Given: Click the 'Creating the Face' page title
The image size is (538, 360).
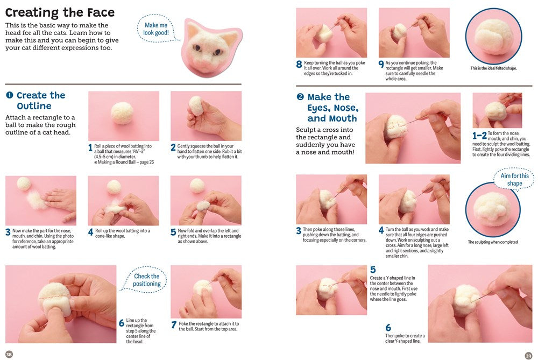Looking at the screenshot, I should click(60, 12).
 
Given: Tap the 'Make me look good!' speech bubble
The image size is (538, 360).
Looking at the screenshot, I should click(156, 29).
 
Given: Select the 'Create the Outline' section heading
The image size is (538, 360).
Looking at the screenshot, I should click(41, 101).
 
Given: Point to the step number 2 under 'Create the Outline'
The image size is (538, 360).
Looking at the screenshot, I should click(173, 147).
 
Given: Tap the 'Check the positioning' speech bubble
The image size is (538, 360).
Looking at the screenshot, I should click(146, 280).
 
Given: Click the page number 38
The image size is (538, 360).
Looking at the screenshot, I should click(9, 354).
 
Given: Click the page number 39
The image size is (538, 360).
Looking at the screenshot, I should click(528, 354).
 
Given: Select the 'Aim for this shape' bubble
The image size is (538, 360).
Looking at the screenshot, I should click(514, 180).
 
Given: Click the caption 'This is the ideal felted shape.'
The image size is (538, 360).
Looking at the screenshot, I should click(493, 68).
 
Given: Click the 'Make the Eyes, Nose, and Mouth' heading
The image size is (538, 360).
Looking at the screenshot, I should click(332, 108).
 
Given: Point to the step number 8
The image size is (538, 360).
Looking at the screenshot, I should click(299, 65).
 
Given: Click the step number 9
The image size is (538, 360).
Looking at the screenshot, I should click(381, 65).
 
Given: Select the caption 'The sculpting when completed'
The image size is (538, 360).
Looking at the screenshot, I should click(492, 242).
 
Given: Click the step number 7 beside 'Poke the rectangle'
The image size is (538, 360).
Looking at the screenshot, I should click(174, 324).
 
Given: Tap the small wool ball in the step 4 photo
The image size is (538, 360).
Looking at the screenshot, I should click(114, 187).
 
